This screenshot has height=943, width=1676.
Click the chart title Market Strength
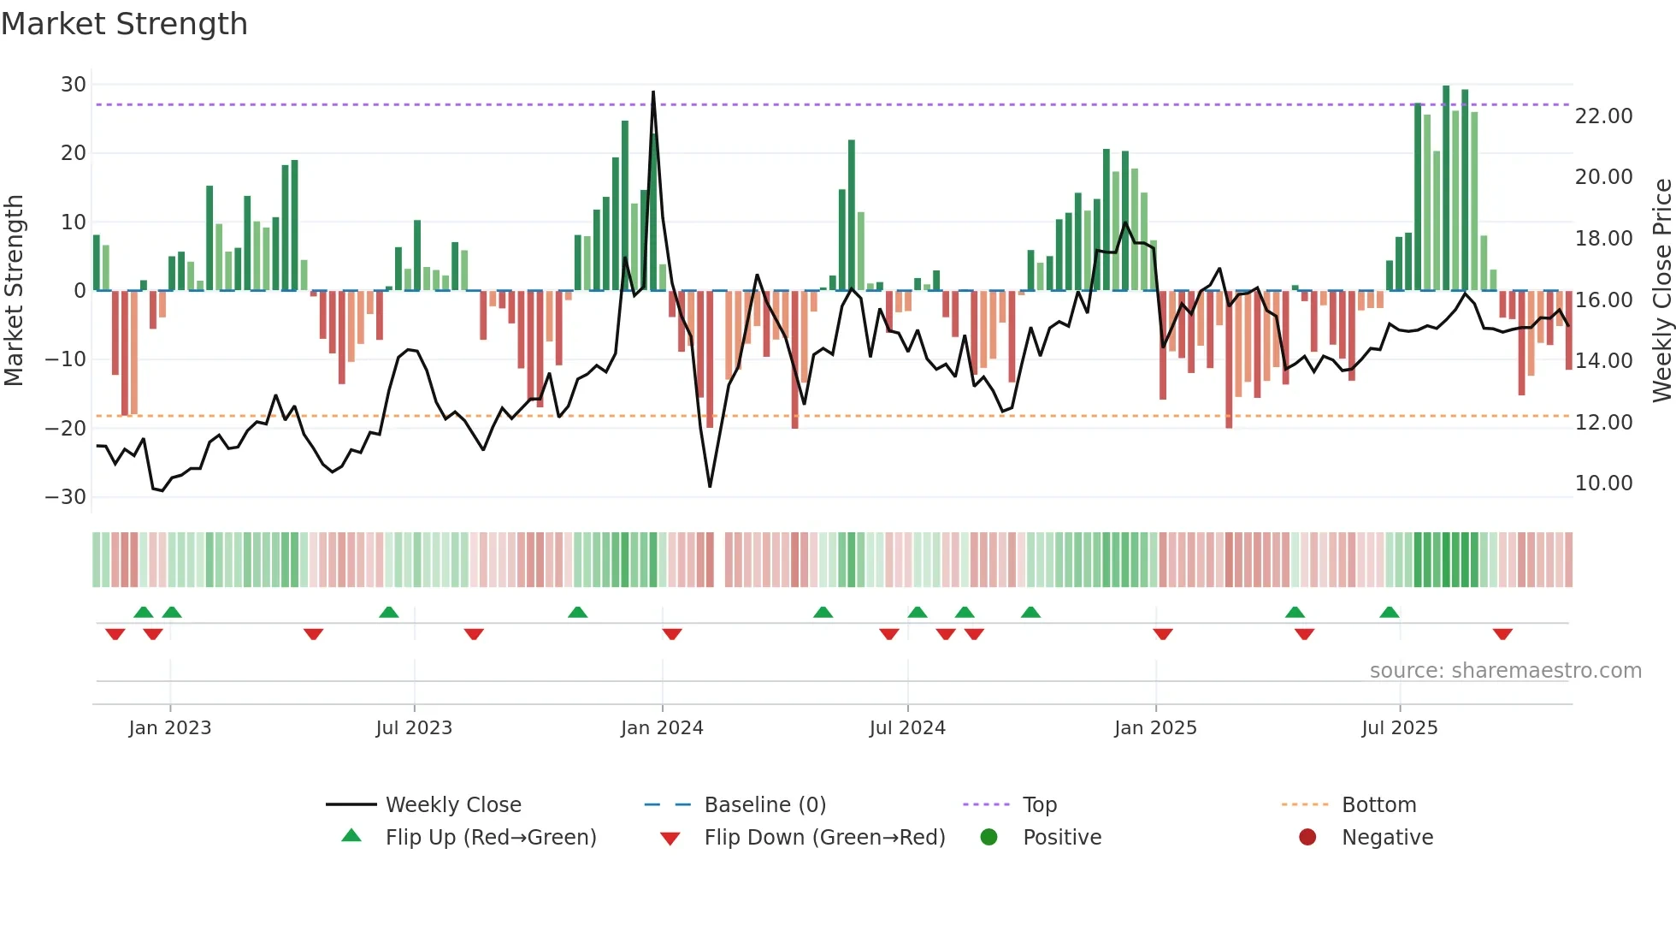pos(124,24)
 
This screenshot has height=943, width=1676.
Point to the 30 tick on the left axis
pos(74,85)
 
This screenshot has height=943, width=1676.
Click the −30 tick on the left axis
pos(66,497)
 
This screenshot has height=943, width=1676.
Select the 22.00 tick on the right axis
pos(1603,116)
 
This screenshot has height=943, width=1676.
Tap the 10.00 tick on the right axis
pos(1603,483)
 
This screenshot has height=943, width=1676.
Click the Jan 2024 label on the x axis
pos(662,728)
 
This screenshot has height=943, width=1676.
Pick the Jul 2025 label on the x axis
pos(1399,728)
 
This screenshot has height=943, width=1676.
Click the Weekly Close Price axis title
pos(1661,291)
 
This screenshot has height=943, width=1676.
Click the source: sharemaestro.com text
pos(1505,671)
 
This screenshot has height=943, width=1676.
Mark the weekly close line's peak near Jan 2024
pos(653,92)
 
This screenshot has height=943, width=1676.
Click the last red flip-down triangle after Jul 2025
pos(1502,634)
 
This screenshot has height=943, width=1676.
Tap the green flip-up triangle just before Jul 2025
pos(1389,613)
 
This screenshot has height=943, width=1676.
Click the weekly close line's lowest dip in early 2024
pos(710,486)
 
